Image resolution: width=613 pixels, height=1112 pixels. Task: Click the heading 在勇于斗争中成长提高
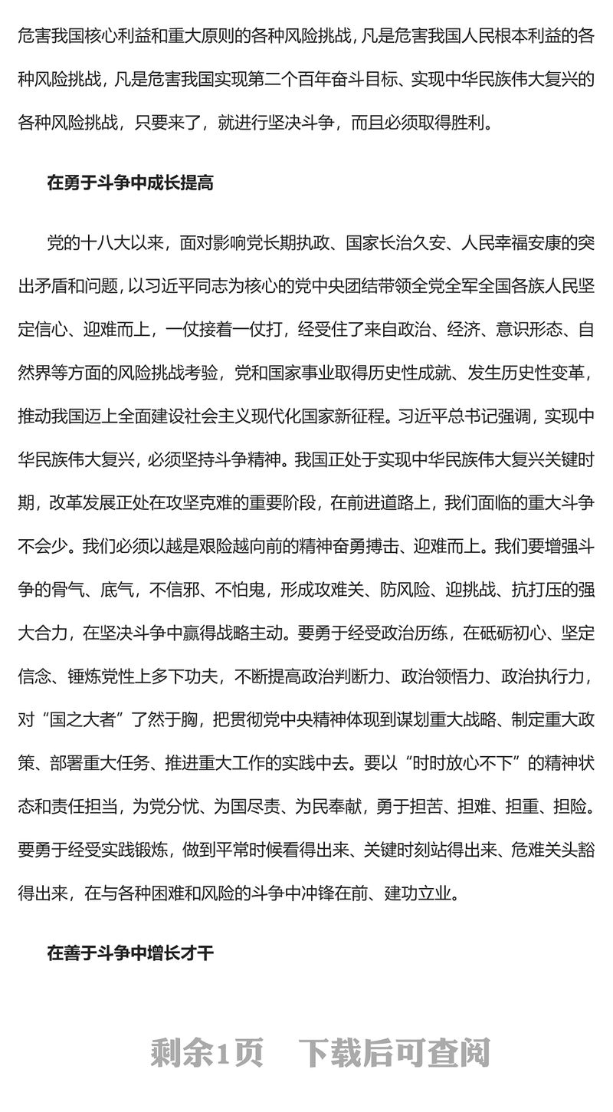coord(129,183)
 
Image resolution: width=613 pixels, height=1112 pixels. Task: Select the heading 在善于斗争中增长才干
coord(129,953)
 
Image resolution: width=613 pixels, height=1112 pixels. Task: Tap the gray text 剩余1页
coord(206,1053)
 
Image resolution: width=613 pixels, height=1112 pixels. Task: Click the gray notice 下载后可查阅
coord(395,1053)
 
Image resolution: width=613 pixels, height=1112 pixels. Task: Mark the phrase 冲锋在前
coord(359,893)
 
